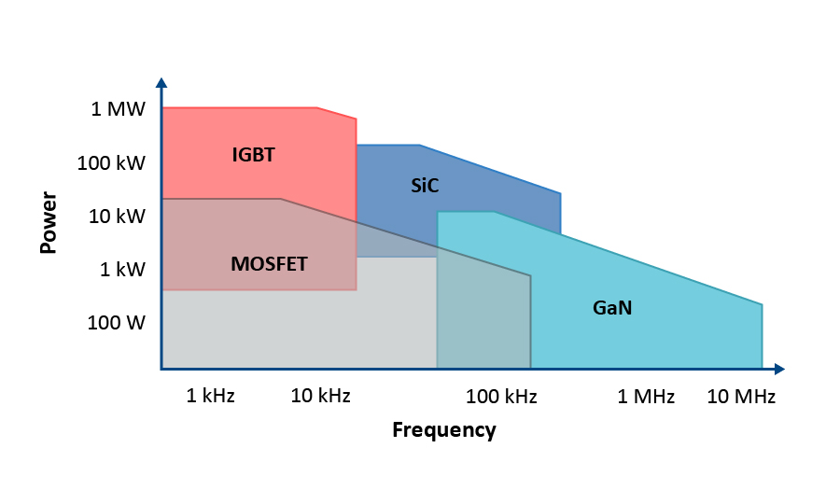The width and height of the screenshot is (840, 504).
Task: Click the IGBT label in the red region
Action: (253, 155)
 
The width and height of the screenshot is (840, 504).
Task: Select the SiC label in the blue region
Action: (425, 186)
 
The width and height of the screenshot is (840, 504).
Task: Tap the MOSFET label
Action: (269, 264)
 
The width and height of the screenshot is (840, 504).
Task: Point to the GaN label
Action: (612, 308)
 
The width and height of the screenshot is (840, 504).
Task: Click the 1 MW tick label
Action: (118, 109)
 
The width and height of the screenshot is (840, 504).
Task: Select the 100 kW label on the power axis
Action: (111, 162)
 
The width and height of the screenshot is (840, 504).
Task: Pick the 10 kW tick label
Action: (117, 217)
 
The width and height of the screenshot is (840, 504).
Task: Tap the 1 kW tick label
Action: (122, 270)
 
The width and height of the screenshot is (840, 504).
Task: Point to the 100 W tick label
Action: (117, 322)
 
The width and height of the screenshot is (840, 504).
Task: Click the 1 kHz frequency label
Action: (211, 396)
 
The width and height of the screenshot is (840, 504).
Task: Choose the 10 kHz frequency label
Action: (320, 396)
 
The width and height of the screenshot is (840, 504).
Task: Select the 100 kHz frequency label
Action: (501, 397)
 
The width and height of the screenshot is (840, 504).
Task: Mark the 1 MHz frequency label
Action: (646, 397)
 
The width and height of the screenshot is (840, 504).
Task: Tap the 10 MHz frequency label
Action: (741, 397)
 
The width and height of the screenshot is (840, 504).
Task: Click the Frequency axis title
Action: (444, 430)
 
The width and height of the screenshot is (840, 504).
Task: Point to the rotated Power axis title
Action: (49, 222)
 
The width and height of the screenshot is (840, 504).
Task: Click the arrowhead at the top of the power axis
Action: (161, 82)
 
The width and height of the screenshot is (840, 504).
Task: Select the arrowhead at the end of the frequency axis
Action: (779, 369)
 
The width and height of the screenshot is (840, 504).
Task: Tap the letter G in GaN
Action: (600, 308)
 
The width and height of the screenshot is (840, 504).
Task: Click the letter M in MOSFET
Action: (239, 264)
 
